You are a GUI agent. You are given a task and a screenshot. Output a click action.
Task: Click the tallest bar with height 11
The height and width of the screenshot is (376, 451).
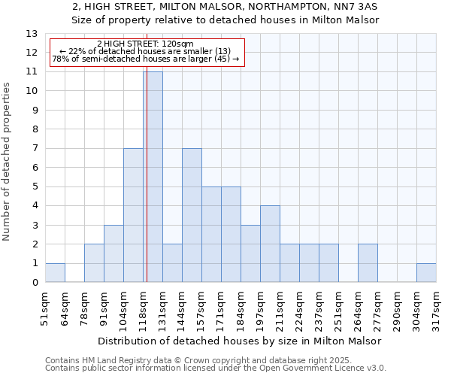tap(153, 177)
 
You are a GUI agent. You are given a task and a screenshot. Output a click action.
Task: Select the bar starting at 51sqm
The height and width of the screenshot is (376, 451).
tap(55, 273)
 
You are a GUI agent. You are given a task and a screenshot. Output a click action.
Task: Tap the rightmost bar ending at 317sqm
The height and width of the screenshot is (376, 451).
tap(426, 273)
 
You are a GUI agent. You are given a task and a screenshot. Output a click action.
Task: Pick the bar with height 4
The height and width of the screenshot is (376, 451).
tap(270, 244)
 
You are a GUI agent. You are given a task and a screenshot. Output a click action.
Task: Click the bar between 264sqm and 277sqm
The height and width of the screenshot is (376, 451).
tap(368, 263)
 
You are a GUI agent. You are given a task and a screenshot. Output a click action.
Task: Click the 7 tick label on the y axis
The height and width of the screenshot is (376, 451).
tap(35, 148)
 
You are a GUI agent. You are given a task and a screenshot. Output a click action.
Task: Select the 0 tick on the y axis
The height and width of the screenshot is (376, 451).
tap(35, 283)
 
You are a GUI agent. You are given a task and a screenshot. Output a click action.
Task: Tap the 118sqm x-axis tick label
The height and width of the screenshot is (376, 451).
tap(144, 308)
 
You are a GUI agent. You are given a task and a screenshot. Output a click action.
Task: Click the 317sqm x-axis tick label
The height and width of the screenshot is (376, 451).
tap(437, 308)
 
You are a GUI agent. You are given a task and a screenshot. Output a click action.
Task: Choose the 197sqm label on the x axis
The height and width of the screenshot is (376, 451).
tap(261, 308)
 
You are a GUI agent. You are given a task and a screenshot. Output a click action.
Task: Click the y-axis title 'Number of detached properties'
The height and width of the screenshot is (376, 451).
tap(8, 162)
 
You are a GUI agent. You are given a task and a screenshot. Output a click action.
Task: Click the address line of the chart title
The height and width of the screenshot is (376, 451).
tap(225, 7)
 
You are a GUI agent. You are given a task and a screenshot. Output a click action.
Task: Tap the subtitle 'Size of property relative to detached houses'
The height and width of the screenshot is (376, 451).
tap(225, 20)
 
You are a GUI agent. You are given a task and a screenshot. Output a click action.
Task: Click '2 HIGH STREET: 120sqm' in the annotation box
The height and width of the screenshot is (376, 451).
tap(145, 44)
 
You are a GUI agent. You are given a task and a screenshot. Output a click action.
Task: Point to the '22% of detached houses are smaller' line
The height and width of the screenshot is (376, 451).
tap(145, 51)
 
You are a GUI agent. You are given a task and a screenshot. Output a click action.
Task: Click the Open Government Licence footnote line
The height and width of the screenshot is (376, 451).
tap(216, 368)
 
